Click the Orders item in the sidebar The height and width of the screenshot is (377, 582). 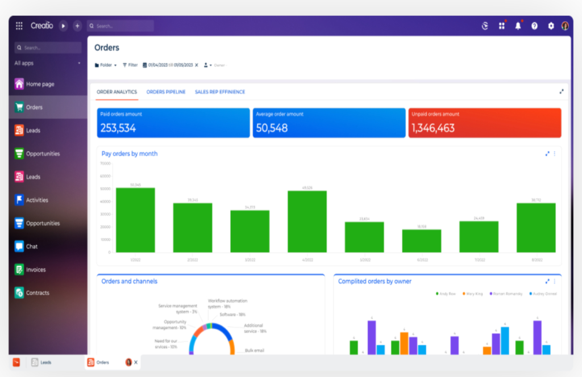[x=34, y=107]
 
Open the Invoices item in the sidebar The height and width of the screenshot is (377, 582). [x=35, y=270]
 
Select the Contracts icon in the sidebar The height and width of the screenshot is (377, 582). [x=19, y=293]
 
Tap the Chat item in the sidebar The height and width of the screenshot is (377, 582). [x=31, y=246]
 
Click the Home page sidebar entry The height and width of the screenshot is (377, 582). [x=39, y=84]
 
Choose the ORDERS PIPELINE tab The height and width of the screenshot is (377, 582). [x=166, y=92]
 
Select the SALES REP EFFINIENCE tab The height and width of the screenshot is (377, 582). [x=220, y=92]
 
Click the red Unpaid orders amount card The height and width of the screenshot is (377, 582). [x=484, y=123]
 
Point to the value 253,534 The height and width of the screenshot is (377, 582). [x=118, y=128]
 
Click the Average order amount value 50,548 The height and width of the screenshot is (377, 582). [x=271, y=128]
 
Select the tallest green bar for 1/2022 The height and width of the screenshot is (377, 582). [x=135, y=220]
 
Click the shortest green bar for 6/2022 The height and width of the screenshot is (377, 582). [x=421, y=241]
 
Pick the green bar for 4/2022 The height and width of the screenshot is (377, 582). [x=307, y=221]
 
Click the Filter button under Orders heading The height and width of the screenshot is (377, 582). [x=130, y=65]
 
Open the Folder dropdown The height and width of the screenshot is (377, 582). [x=106, y=65]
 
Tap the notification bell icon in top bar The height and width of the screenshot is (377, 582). [x=518, y=26]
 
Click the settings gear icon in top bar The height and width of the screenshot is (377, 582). [x=550, y=26]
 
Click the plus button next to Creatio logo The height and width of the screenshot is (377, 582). [x=77, y=26]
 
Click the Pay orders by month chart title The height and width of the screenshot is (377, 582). [x=130, y=154]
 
